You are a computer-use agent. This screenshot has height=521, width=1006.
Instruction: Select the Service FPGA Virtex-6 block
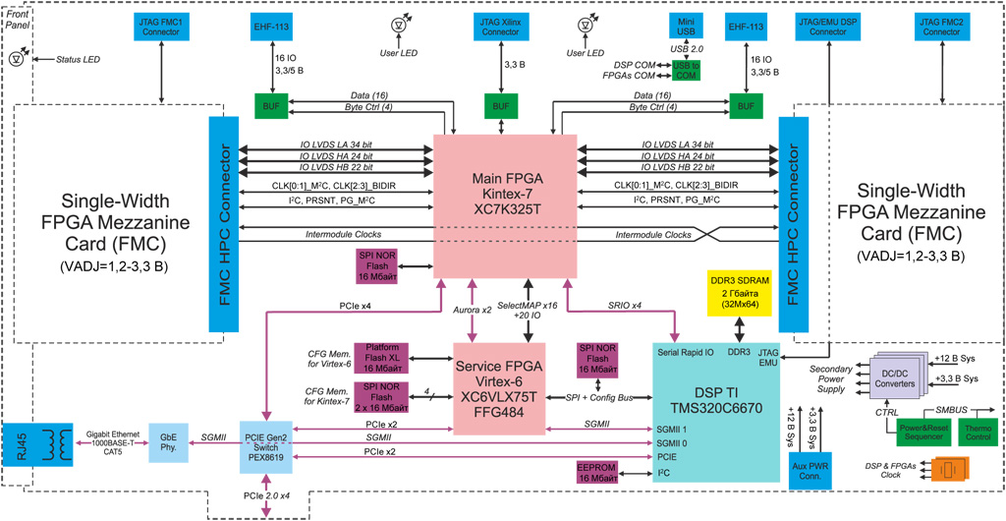(x=499, y=388)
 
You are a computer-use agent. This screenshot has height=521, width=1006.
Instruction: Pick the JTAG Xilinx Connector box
(x=500, y=27)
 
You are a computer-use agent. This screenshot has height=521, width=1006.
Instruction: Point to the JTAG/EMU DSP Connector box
(x=835, y=27)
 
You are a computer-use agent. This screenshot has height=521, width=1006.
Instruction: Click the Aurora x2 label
(x=473, y=310)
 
